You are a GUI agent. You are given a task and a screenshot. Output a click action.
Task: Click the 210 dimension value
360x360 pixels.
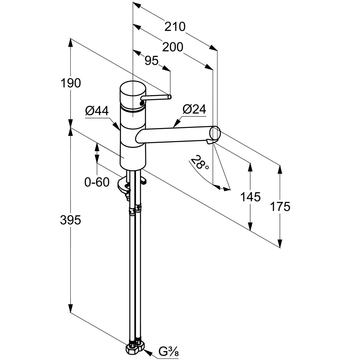(x=175, y=27)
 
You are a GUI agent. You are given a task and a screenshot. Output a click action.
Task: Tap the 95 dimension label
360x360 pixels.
(x=151, y=61)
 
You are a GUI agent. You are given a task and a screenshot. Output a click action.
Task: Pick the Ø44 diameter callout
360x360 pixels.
(x=97, y=111)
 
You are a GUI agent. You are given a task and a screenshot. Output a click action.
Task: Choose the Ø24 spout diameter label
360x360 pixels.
(x=194, y=109)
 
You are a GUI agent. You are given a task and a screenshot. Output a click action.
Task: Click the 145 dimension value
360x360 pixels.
(x=250, y=197)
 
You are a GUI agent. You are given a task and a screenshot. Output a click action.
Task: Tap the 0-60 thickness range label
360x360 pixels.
(x=97, y=182)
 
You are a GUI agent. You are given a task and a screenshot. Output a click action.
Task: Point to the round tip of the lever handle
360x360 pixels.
(x=169, y=97)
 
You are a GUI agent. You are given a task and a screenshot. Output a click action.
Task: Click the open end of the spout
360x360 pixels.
(x=215, y=133)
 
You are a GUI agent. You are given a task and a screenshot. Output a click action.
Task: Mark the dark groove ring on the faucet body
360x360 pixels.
(x=133, y=110)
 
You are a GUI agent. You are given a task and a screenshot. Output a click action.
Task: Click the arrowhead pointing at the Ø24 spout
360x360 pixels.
(x=177, y=122)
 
